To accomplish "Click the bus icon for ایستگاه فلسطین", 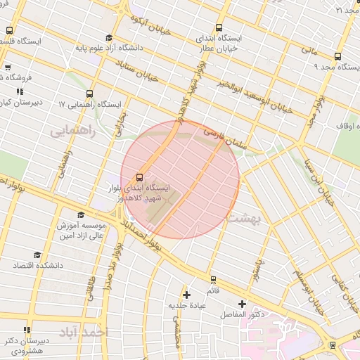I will [9, 30].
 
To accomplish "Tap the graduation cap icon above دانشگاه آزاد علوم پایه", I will [108, 38].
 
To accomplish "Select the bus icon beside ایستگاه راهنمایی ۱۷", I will [89, 93].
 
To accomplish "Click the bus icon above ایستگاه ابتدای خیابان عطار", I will [218, 26].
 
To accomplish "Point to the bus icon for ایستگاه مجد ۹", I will [337, 57].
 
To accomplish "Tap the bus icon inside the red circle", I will [139, 177].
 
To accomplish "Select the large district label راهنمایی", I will [70, 131].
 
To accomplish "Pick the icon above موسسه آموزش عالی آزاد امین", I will [81, 215].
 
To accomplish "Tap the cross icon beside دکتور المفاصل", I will [243, 304].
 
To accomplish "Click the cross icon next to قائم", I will [186, 294].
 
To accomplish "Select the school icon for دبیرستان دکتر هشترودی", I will [27, 330].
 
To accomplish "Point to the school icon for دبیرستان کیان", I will [20, 91].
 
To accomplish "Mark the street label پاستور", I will [258, 268].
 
